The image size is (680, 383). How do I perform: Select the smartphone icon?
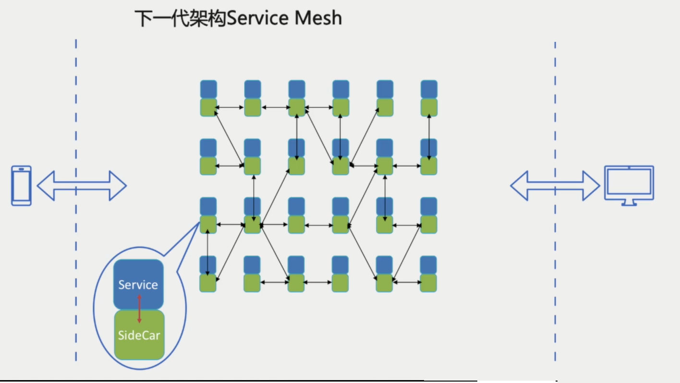pyautogui.click(x=22, y=186)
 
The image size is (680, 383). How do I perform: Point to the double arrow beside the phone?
pyautogui.click(x=82, y=186)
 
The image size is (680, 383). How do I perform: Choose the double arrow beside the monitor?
pyautogui.click(x=555, y=186)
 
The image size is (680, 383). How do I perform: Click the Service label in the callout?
pyautogui.click(x=138, y=285)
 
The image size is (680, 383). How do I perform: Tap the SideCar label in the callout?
pyautogui.click(x=139, y=335)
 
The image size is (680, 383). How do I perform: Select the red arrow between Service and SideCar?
pyautogui.click(x=139, y=309)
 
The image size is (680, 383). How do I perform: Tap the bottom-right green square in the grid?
pyautogui.click(x=429, y=283)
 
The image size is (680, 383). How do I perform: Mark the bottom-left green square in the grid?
pyautogui.click(x=208, y=283)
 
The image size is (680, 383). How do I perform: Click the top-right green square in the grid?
pyautogui.click(x=429, y=107)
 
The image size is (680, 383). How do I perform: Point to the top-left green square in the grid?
pyautogui.click(x=208, y=107)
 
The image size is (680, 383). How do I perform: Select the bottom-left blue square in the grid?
pyautogui.click(x=208, y=265)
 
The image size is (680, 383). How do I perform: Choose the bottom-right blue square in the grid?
pyautogui.click(x=429, y=265)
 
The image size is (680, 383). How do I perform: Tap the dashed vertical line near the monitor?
pyautogui.click(x=555, y=120)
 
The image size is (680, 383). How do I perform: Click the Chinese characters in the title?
pyautogui.click(x=180, y=18)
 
